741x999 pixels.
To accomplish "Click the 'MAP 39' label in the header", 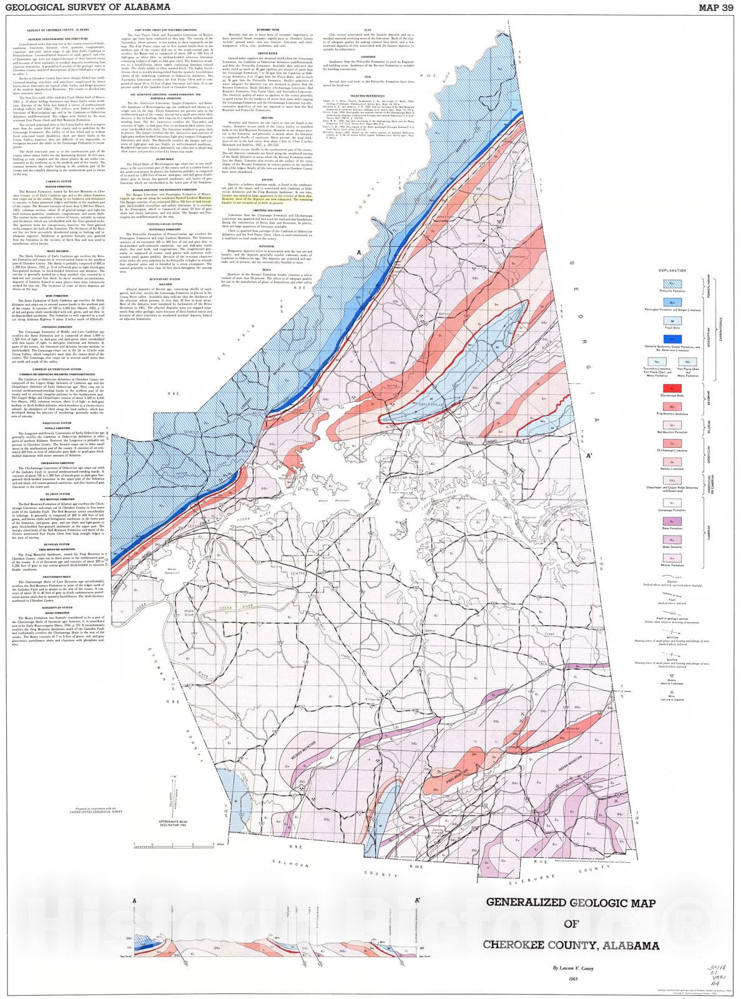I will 715,7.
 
